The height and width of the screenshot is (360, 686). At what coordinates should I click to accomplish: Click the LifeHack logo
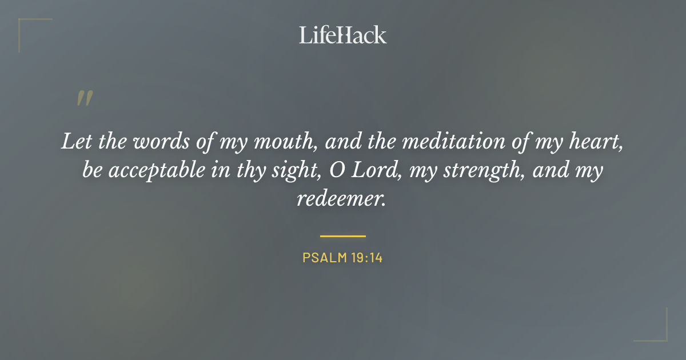342,35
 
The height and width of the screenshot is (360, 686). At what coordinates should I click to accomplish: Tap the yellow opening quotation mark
85,99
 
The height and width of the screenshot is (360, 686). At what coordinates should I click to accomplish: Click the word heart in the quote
599,142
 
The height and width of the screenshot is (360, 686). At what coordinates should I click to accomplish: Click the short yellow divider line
342,235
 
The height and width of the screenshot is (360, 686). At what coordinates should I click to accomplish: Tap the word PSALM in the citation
324,258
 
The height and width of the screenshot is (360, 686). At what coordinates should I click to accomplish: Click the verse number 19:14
367,258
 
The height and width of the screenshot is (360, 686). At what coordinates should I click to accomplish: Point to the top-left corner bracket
26,26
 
